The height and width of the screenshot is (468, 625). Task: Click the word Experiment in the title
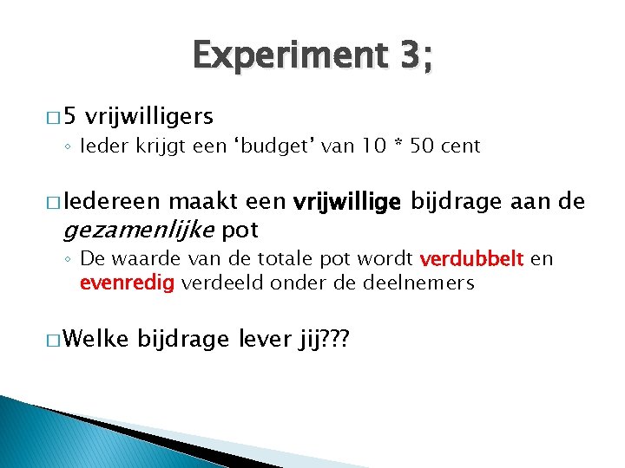click(x=283, y=57)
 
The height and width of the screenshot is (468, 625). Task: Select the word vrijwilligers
click(x=150, y=115)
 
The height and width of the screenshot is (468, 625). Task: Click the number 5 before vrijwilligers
click(x=71, y=115)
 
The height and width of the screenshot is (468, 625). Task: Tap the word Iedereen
click(x=110, y=203)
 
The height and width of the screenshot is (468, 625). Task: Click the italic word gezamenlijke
click(x=139, y=230)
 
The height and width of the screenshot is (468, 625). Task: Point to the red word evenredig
click(x=128, y=283)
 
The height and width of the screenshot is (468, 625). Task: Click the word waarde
click(x=140, y=259)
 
